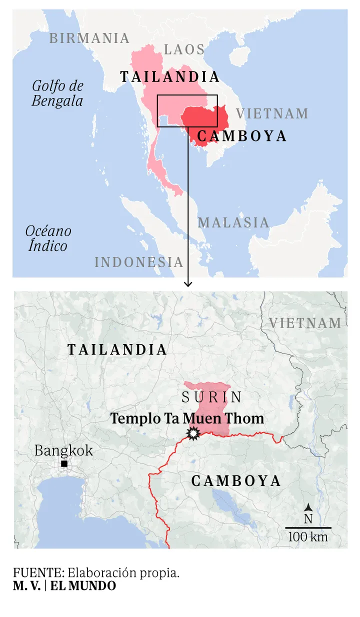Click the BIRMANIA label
89,38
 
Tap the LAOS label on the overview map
184,49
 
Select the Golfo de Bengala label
57,93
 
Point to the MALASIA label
233,222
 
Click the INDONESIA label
139,261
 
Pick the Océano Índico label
48,238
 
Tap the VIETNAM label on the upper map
272,113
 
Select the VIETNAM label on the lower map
305,323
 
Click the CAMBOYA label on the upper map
242,136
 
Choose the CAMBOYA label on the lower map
236,481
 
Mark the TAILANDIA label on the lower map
117,349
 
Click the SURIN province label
212,397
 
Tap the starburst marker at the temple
192,434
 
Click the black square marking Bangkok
64,464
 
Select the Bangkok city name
63,450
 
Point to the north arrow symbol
308,507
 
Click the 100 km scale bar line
308,527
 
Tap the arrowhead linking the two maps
188,283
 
